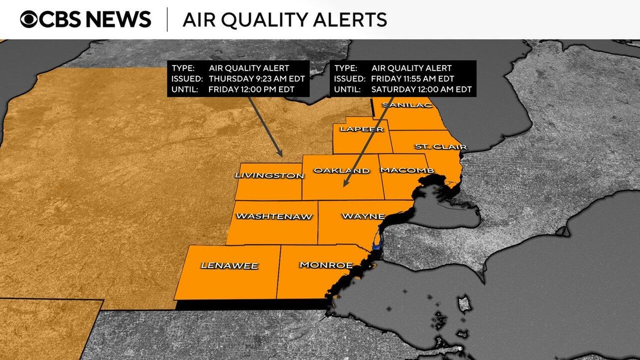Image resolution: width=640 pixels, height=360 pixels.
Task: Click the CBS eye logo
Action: point(29,19)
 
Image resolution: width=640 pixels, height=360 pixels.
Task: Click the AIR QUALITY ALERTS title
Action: point(284,20)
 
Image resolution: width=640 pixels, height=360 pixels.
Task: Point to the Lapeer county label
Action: point(361,129)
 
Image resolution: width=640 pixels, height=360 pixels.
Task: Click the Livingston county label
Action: point(269,175)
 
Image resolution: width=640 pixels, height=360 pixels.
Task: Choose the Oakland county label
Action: point(342,171)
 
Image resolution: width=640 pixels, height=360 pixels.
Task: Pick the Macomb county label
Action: point(407,171)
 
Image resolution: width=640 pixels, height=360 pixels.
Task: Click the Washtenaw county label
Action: point(274,217)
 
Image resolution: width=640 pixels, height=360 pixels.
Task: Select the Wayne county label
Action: point(363,216)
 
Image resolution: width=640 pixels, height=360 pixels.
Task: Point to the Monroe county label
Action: point(326,265)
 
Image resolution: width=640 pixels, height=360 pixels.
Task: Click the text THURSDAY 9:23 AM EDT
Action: point(257,79)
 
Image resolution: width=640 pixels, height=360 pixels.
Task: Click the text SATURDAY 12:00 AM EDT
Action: point(421,89)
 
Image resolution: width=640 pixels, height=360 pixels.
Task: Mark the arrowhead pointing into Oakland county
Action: point(345,184)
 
